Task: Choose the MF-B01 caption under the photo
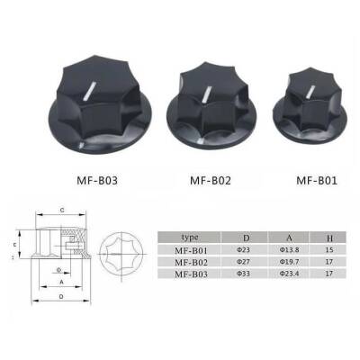click(318, 179)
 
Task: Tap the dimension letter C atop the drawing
click(61, 210)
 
